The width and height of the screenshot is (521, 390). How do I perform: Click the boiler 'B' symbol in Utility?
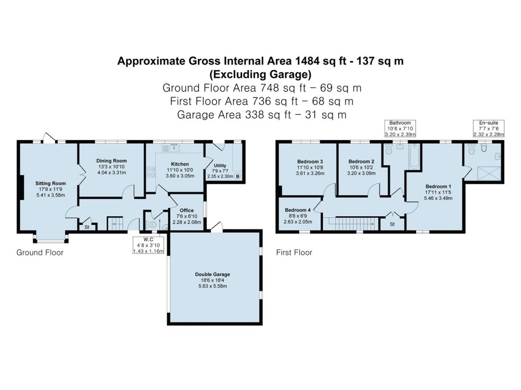(x=237, y=176)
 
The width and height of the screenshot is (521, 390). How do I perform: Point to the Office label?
(x=187, y=210)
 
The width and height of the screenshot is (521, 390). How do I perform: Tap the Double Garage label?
(x=212, y=275)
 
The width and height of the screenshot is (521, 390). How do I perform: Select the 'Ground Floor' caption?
(x=40, y=252)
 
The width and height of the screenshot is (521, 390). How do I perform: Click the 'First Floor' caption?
(x=294, y=252)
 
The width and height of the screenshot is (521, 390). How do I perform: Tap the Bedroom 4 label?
(x=298, y=210)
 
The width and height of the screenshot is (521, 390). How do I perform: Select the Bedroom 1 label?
(x=439, y=186)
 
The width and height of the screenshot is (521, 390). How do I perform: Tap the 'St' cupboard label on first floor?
(x=392, y=224)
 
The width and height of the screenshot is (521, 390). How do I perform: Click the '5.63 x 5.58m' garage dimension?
(x=212, y=286)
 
